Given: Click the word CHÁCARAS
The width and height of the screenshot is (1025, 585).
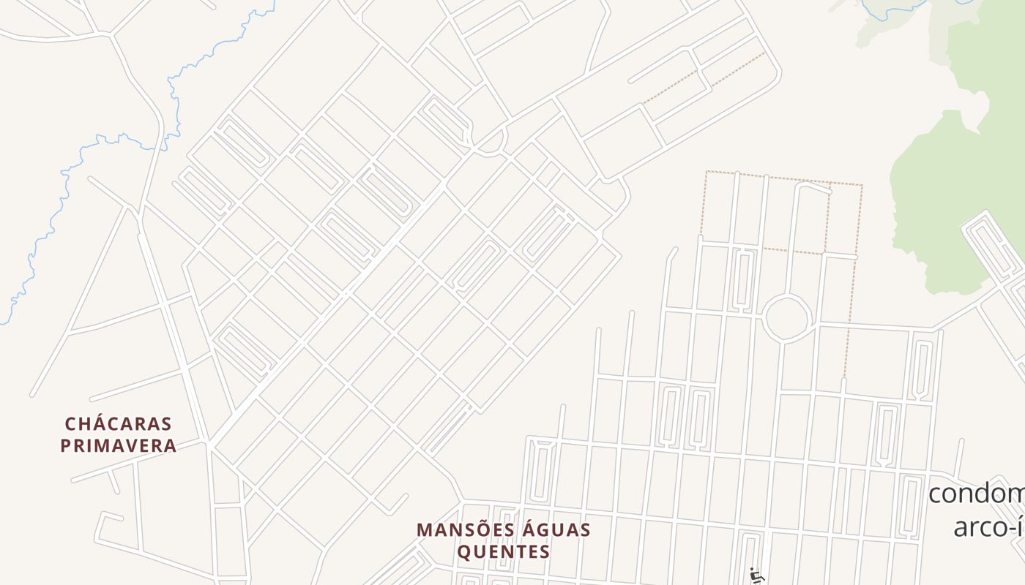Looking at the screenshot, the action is [x=118, y=424].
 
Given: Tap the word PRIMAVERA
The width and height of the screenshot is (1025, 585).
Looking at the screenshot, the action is [x=118, y=445].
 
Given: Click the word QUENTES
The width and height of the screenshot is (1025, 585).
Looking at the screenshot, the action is [x=504, y=551].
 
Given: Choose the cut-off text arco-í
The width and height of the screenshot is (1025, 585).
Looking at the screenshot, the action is [x=988, y=526].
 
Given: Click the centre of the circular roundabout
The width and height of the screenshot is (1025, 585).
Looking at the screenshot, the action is [x=786, y=318].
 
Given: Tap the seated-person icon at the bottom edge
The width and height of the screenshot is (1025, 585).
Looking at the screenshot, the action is [x=756, y=576].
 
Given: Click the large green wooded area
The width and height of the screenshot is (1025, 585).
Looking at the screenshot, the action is [x=944, y=190].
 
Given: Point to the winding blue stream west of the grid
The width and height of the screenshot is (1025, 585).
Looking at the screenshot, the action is [x=88, y=168].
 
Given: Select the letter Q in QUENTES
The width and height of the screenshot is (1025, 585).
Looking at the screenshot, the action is [x=464, y=551].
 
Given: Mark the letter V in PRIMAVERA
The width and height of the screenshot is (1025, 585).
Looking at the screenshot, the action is [x=137, y=445].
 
